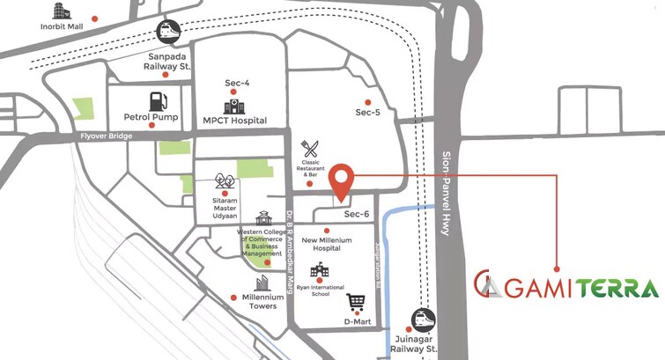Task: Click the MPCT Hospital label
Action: coord(234,120)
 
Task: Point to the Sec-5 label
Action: coord(368,113)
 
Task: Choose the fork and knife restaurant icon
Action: coord(309,149)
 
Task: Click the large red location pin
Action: coord(341,181)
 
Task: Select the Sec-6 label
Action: coord(357,214)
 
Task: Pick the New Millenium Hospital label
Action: coord(327,244)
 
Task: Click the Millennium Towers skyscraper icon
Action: coord(262,283)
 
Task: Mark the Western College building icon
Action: coord(262,217)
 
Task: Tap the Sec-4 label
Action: coord(237,83)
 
